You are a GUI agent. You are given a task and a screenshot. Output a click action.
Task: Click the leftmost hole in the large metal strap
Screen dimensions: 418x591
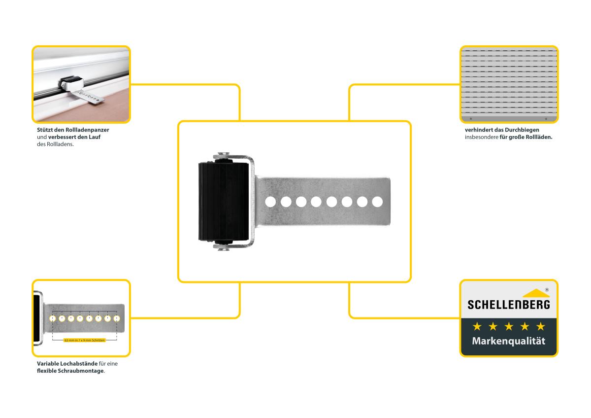(270, 202)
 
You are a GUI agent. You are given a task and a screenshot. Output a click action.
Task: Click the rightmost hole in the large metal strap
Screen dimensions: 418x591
(377, 202)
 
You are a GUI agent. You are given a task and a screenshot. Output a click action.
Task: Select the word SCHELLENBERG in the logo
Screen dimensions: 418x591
(508, 305)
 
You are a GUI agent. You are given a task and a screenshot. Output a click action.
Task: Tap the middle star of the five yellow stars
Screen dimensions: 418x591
(509, 326)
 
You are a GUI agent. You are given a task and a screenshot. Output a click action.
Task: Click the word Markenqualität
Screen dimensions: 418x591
(509, 341)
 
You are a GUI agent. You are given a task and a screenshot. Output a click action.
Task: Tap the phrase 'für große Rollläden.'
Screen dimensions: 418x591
(526, 138)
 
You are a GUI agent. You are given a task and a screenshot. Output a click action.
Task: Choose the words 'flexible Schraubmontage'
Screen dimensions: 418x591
(70, 371)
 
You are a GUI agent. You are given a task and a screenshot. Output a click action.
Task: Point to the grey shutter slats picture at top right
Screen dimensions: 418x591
(509, 84)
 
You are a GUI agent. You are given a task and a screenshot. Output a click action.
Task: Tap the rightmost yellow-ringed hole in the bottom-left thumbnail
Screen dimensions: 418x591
(117, 318)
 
